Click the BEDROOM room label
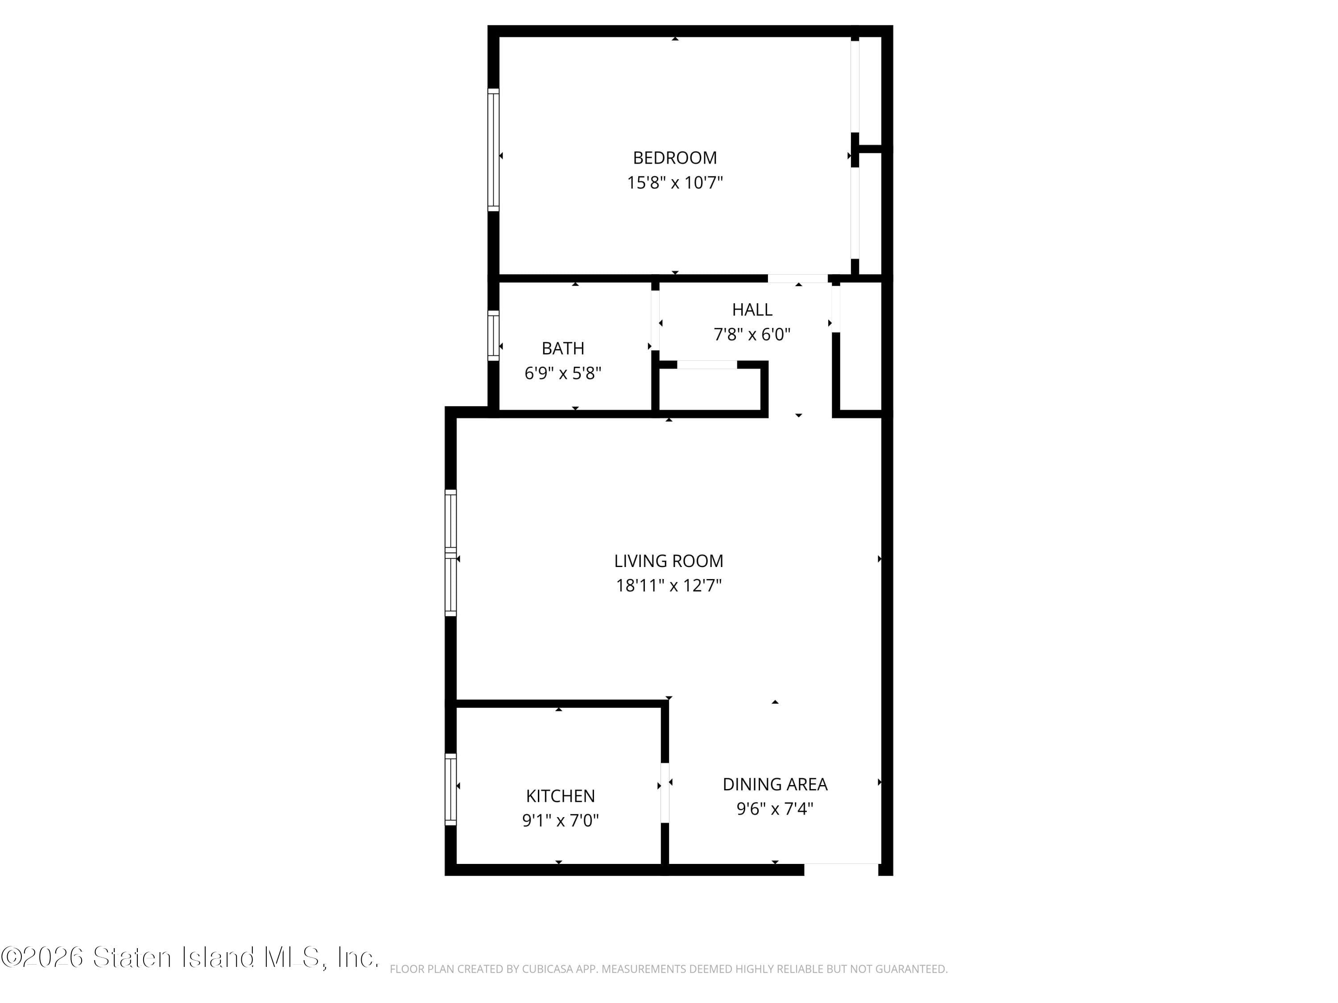674,158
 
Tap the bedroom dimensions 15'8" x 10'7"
674,183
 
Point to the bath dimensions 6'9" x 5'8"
562,373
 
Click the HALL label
752,309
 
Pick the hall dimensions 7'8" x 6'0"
752,334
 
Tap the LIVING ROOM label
669,561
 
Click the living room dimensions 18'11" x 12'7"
669,586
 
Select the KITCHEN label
560,796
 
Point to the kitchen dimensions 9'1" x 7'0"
560,820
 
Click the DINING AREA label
775,784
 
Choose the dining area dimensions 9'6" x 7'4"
775,809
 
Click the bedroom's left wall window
494,150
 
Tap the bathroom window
494,336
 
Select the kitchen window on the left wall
450,789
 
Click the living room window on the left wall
450,553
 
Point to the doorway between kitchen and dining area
665,793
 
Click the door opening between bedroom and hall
798,279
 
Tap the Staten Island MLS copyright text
190,958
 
